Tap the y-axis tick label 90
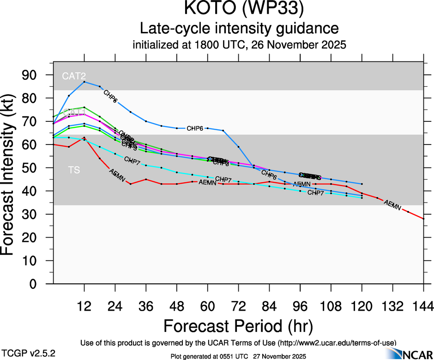coord(32,75)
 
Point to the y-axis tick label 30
coord(32,215)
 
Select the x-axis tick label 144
coord(423,306)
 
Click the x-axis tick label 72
coord(238,306)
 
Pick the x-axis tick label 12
coord(84,306)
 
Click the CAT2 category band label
coord(74,76)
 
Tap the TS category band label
coord(74,170)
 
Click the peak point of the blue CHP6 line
coord(84,82)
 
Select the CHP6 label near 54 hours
coord(195,128)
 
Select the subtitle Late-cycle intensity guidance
coord(239,29)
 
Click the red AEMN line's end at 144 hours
coord(423,218)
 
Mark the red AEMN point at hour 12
coord(84,138)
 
